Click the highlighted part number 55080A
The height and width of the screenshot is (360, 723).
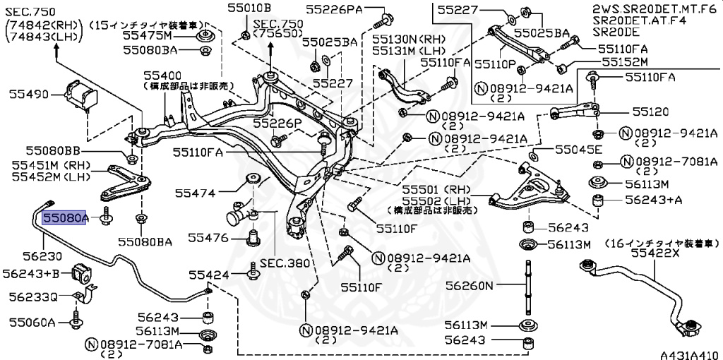coord(65,219)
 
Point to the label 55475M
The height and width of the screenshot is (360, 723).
coord(147,35)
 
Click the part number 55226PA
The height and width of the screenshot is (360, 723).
coord(335,8)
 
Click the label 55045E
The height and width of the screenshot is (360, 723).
coord(578,150)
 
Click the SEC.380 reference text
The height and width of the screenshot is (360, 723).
coord(285,263)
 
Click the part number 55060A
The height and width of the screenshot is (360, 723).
coord(32,322)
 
